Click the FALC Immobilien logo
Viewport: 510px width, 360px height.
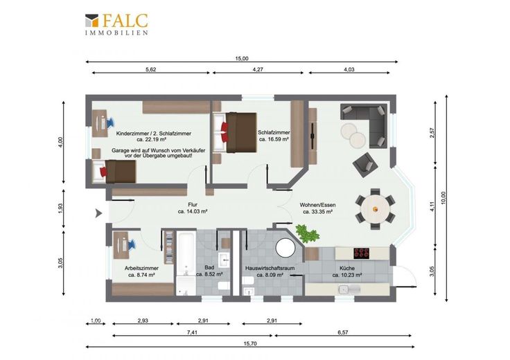tap(116, 24)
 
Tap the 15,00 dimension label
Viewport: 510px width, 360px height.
tap(242, 58)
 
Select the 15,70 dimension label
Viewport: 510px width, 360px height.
tap(249, 343)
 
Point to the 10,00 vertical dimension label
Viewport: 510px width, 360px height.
tap(443, 198)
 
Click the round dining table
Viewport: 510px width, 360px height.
tap(375, 209)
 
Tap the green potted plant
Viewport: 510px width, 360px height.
tap(307, 233)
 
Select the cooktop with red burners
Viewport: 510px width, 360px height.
tap(362, 253)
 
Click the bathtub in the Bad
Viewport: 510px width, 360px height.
tap(186, 253)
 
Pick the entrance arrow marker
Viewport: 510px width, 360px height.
tap(98, 213)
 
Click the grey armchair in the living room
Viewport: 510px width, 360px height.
tap(365, 164)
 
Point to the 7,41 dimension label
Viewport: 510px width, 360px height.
tap(193, 332)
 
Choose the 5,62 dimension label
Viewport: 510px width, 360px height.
tap(150, 69)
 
